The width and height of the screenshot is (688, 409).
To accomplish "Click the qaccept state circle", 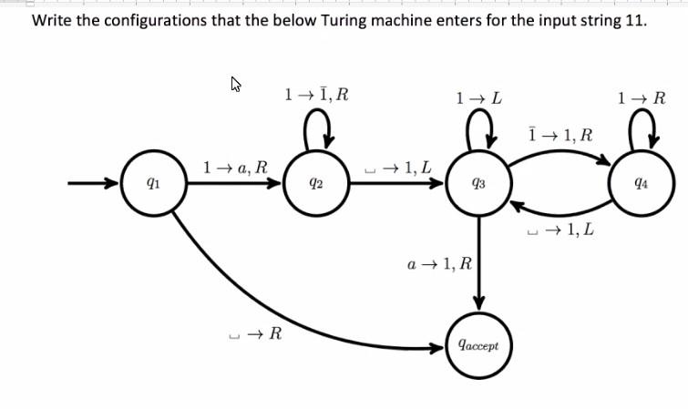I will tap(478, 346).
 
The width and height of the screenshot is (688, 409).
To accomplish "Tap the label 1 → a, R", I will tap(235, 167).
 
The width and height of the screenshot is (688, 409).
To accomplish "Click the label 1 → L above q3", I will tap(478, 96).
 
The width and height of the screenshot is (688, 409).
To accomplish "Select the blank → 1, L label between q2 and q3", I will tap(396, 167).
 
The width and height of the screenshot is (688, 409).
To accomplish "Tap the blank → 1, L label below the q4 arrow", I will tap(560, 230).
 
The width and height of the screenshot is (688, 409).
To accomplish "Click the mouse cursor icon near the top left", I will tap(236, 86).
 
